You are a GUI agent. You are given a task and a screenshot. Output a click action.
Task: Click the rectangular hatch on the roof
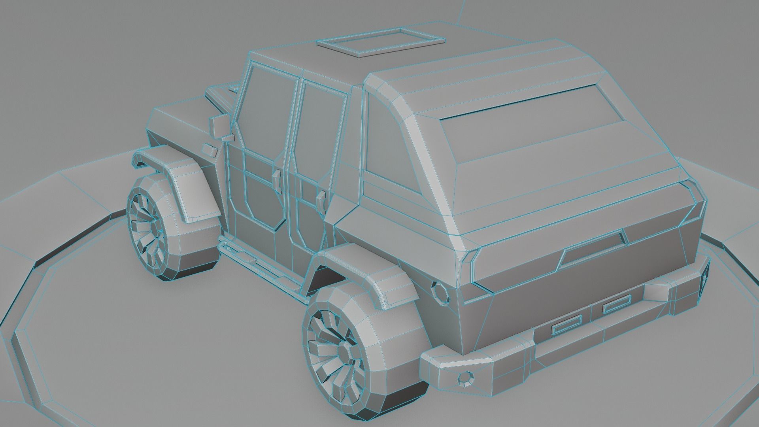click(381, 42)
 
